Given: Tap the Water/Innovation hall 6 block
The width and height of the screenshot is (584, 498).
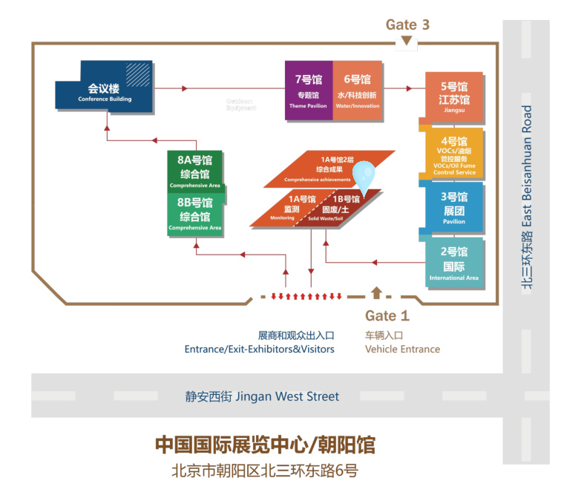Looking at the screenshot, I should pos(357,90).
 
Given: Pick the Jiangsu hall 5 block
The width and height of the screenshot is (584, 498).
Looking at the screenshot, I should pos(453,96).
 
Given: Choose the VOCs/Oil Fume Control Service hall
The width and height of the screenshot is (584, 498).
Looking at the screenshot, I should pos(453,154).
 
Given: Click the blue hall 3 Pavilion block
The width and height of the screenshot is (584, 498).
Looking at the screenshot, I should pos(453,208).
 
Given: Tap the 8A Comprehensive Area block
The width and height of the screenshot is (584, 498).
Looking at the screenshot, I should pos(194,170).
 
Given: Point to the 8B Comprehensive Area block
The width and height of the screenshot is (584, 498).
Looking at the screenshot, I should pos(194,213).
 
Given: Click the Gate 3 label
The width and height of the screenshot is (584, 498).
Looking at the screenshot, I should pos(407,24).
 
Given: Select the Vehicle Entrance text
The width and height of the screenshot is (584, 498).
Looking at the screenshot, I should pos(402,349).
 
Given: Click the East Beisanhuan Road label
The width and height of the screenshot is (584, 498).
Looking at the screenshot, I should pos(527,197).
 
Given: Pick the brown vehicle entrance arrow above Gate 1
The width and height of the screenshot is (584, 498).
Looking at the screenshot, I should pos(376,292).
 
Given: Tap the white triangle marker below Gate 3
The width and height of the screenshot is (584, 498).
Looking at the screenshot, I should pos(407,44).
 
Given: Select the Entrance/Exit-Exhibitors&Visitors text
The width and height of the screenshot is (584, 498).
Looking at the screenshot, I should pos(259,349).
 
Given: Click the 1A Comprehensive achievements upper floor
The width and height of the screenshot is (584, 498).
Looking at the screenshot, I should pos(328,168).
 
